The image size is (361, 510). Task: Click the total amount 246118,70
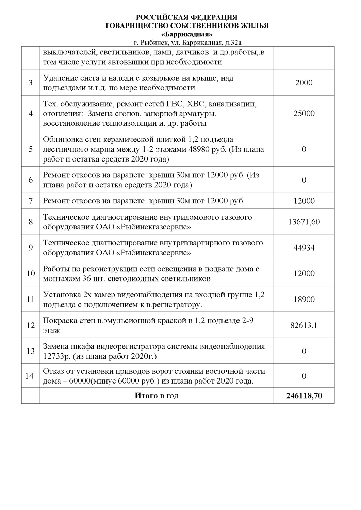click(x=304, y=396)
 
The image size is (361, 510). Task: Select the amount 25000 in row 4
click(x=304, y=114)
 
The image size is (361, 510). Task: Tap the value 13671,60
click(x=304, y=222)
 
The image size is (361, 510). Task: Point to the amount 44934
click(x=304, y=248)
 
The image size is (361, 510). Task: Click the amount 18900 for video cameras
click(x=304, y=300)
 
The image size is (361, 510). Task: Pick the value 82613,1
click(x=304, y=325)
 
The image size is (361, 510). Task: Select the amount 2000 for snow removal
click(x=304, y=83)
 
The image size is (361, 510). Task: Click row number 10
click(x=31, y=273)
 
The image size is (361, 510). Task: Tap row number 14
click(x=30, y=376)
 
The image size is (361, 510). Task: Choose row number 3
click(x=31, y=83)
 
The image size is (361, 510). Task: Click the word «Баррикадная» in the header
click(x=187, y=35)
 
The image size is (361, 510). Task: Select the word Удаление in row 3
click(x=58, y=78)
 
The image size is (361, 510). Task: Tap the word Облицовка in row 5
click(x=60, y=140)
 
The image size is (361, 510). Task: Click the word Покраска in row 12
click(x=58, y=320)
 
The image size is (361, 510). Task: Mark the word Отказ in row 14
click(x=52, y=371)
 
